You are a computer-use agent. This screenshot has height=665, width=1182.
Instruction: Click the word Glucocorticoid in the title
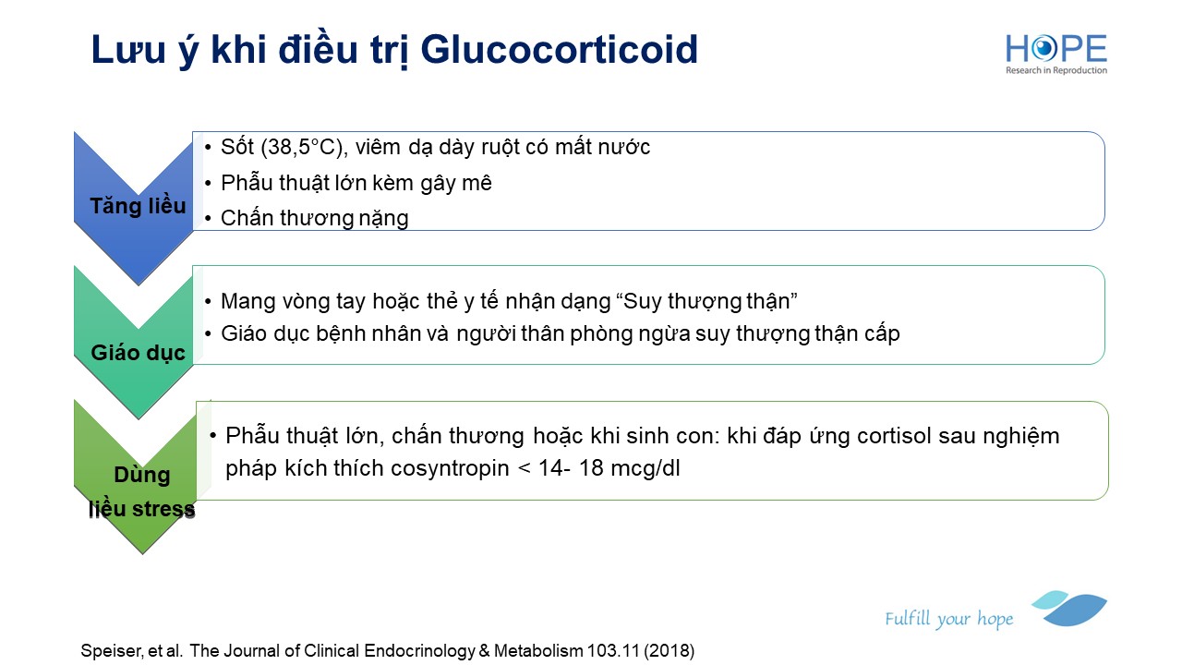[559, 50]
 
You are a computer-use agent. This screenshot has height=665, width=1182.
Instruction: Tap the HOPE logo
[1055, 54]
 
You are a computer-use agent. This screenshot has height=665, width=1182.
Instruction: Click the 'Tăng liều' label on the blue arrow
[138, 206]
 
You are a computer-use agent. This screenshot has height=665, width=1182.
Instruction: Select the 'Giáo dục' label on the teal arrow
[138, 353]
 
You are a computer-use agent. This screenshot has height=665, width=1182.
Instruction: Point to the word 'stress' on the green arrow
[163, 509]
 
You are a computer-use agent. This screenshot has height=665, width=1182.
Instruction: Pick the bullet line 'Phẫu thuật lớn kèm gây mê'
[356, 183]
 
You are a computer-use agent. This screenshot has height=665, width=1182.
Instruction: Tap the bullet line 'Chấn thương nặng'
[315, 219]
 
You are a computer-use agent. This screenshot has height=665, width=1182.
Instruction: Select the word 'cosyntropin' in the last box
[450, 468]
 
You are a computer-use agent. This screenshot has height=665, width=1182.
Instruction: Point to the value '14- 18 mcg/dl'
[609, 468]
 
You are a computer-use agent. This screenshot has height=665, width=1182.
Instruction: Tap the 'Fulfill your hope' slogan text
[948, 618]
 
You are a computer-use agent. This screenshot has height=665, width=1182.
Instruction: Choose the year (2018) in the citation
[669, 651]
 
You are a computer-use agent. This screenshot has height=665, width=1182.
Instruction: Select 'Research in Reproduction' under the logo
[1055, 70]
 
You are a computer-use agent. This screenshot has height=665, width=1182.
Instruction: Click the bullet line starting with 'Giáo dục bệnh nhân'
[561, 333]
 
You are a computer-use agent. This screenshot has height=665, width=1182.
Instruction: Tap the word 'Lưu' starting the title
[127, 50]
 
